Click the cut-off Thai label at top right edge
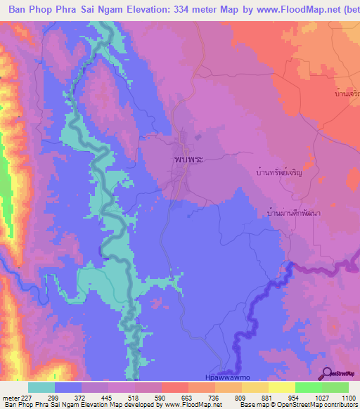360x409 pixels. pyautogui.click(x=347, y=93)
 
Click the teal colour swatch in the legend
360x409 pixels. pyautogui.click(x=41, y=387)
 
